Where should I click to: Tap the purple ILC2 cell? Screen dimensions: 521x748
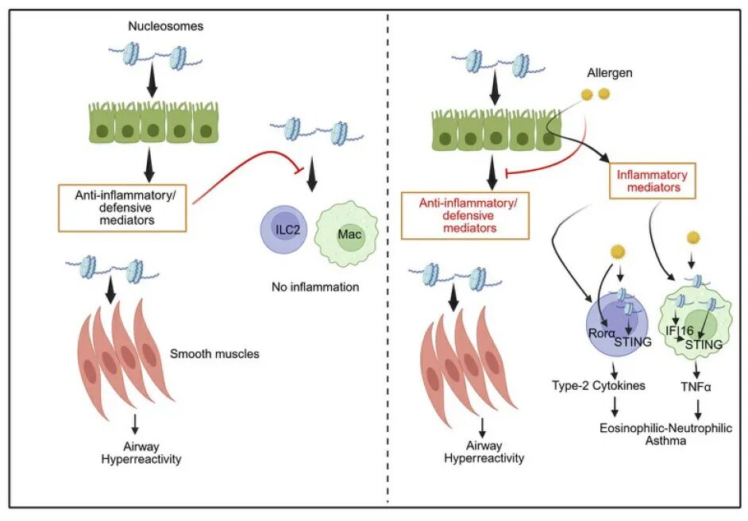pos(283,236)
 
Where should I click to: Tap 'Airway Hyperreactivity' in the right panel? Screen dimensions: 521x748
pos(484,451)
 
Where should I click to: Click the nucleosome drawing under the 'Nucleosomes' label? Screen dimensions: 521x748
pos(155,58)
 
